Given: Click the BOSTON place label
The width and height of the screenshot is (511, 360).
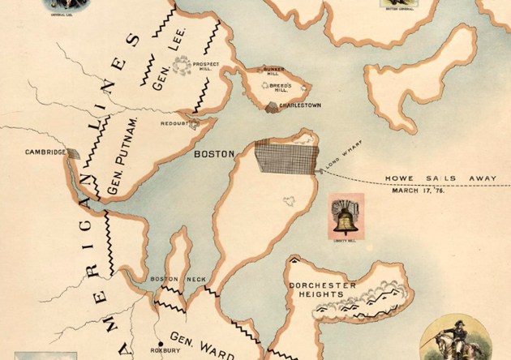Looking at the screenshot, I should pos(215,153).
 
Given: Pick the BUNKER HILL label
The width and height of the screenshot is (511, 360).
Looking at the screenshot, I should pos(274,72).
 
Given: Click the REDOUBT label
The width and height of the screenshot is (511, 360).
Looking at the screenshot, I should pos(174,125).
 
